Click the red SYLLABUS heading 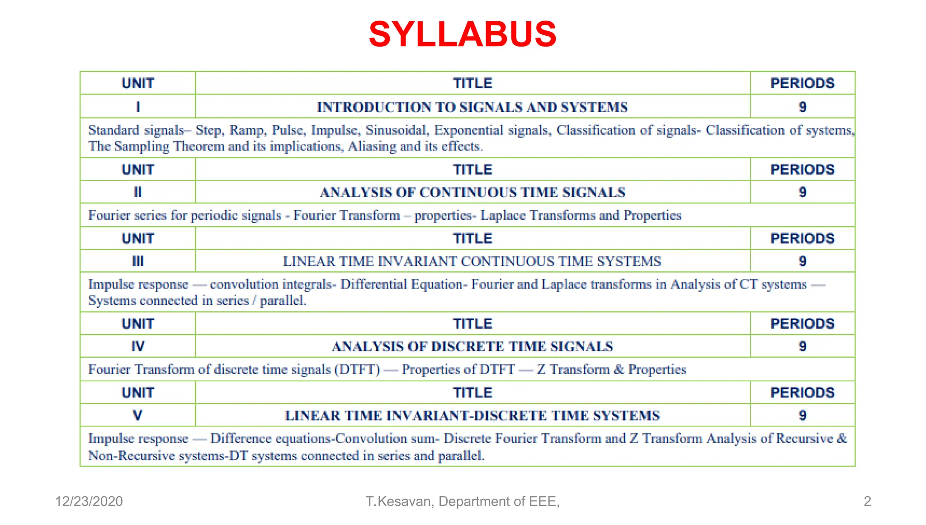click(463, 34)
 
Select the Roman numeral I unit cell click(138, 107)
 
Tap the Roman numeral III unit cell click(138, 261)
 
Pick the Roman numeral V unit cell click(138, 415)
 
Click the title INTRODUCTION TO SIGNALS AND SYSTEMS click(472, 107)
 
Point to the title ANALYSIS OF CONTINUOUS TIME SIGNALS click(472, 192)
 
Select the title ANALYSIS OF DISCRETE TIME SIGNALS click(472, 346)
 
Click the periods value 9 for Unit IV click(802, 346)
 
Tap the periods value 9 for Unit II click(802, 192)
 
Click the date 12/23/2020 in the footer click(89, 501)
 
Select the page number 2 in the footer click(867, 501)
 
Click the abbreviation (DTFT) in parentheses click(357, 369)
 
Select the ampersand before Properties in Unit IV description click(619, 369)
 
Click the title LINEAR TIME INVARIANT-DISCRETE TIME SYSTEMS click(472, 416)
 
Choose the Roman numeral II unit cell click(138, 192)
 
